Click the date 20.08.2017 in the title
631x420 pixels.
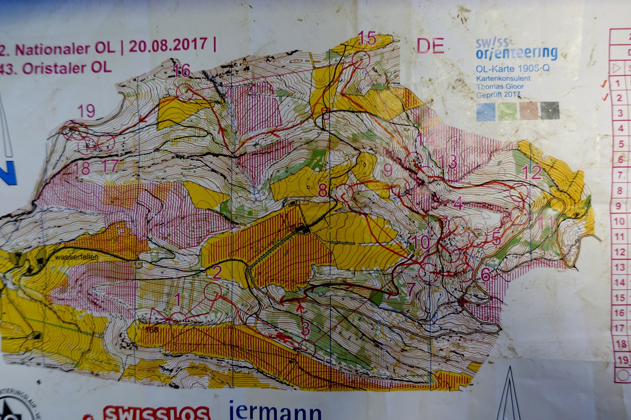(168, 46)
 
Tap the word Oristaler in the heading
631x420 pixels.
(56, 68)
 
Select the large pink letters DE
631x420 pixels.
(430, 46)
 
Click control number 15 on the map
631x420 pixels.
(367, 38)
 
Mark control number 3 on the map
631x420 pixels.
(305, 328)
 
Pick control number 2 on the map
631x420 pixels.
(217, 272)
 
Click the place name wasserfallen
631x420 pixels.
(76, 257)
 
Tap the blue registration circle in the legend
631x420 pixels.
(485, 112)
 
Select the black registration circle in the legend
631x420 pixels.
(550, 110)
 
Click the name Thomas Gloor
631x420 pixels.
(500, 86)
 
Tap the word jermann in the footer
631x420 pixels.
(275, 411)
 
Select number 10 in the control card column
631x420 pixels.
(619, 221)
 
